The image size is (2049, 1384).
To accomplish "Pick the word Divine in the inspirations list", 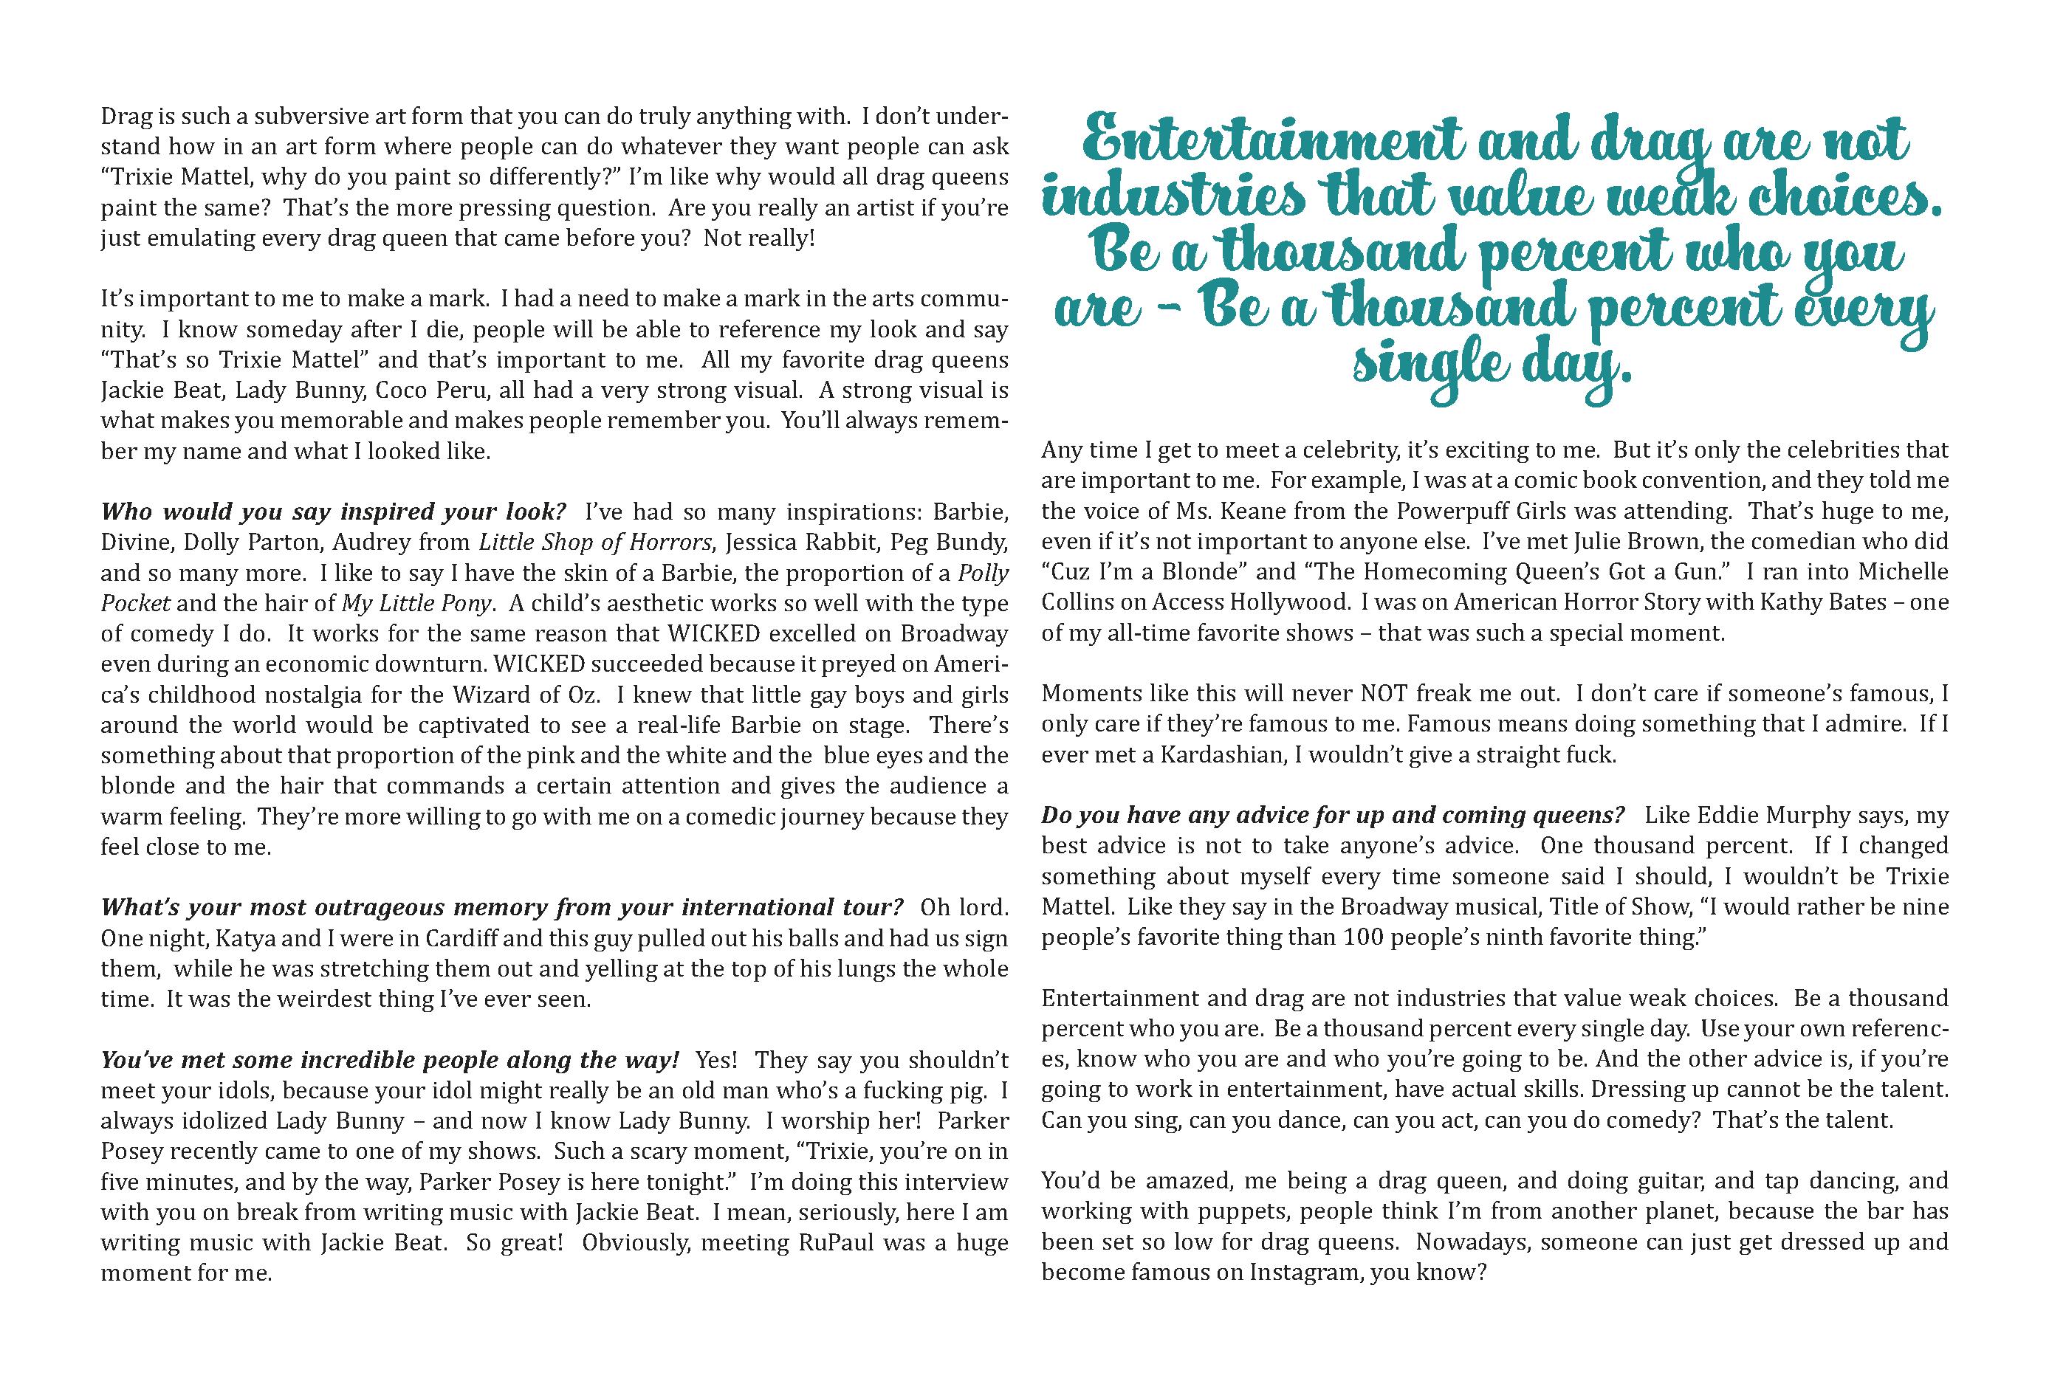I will [131, 542].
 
